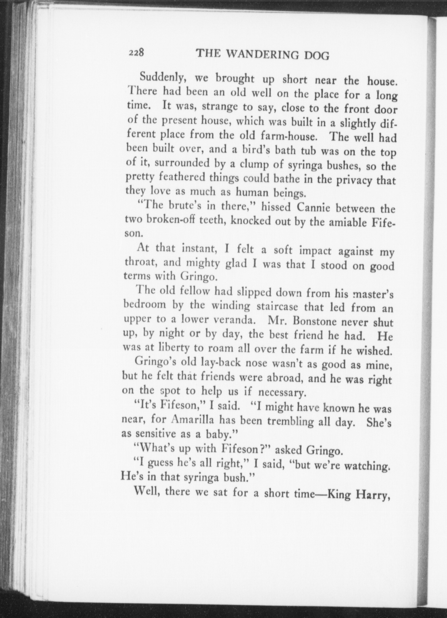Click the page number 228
[136, 53]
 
